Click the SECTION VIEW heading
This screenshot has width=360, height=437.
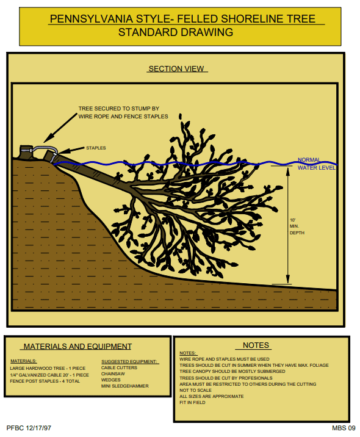tap(176, 68)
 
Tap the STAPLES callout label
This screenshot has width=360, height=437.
tap(96, 148)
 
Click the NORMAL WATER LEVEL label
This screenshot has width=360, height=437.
tap(317, 164)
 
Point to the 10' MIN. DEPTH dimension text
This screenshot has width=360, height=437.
tap(297, 226)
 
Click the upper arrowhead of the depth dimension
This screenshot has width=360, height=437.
tap(288, 172)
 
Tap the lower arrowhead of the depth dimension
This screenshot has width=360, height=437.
tap(288, 280)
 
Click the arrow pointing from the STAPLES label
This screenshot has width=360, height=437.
tap(71, 150)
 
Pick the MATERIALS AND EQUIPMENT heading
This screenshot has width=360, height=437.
tap(77, 347)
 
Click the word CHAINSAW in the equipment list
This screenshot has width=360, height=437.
tap(113, 374)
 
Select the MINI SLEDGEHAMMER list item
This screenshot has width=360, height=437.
tap(125, 386)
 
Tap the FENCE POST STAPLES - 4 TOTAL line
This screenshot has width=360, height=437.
tap(45, 381)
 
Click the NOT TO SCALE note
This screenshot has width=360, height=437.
tap(195, 390)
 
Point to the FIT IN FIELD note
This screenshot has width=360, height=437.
tap(192, 402)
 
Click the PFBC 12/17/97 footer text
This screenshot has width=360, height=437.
tap(29, 428)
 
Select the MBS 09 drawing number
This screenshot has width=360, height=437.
tap(344, 428)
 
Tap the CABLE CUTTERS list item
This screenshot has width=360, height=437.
tap(119, 367)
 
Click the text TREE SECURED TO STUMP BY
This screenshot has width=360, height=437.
tap(119, 109)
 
